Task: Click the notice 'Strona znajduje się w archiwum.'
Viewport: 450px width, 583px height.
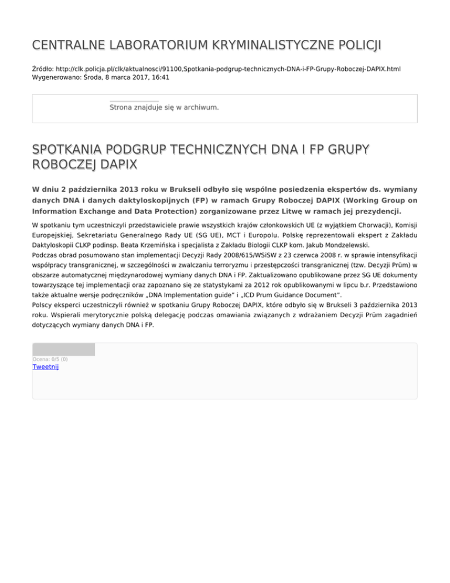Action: (x=164, y=107)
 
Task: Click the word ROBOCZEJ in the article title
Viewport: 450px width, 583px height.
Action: (x=70, y=165)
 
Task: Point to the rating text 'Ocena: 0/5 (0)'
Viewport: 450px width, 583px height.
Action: (x=50, y=359)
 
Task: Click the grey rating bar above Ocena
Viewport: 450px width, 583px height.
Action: (x=63, y=350)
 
